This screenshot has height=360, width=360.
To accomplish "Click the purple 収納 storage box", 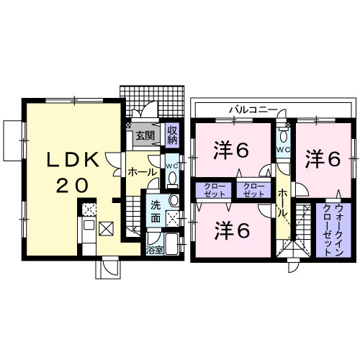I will tap(172, 135).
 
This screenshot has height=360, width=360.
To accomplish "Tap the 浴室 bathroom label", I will tap(155, 251).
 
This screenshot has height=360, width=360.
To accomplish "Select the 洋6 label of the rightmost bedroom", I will tap(322, 158).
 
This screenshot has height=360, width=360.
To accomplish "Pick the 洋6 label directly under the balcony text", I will tap(232, 151).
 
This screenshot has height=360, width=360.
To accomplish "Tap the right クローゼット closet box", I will tap(253, 191).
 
